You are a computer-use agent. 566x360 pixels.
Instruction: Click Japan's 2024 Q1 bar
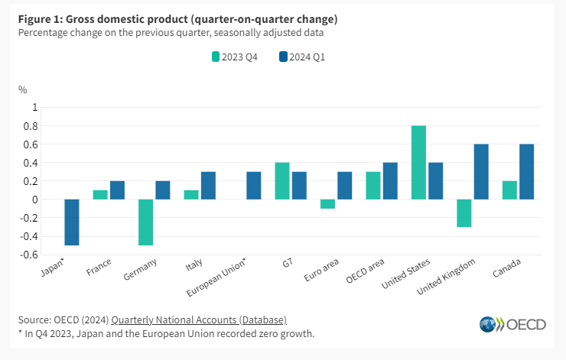(x=72, y=222)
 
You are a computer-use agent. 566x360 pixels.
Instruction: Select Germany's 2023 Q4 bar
(x=146, y=222)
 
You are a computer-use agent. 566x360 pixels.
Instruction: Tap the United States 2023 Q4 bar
(x=418, y=162)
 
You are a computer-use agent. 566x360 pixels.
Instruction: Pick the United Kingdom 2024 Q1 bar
(x=481, y=171)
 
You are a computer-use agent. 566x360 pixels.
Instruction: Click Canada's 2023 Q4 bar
(x=509, y=190)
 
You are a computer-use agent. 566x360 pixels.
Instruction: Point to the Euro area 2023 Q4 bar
(x=327, y=204)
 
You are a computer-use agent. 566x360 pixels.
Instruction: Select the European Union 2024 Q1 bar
(x=254, y=186)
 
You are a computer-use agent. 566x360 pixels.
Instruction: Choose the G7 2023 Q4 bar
(x=282, y=181)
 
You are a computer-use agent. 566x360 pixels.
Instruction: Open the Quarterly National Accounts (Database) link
(x=199, y=319)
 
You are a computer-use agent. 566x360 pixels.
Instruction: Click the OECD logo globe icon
(x=488, y=324)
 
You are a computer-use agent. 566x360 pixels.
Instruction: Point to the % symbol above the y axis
(x=22, y=89)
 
